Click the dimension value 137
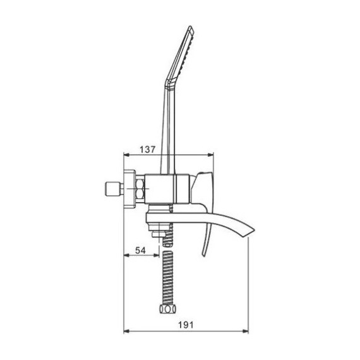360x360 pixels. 147,150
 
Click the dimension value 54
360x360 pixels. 140,250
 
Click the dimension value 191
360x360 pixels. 186,325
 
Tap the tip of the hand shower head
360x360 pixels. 190,27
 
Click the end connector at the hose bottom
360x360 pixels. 167,309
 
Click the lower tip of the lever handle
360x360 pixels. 203,255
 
